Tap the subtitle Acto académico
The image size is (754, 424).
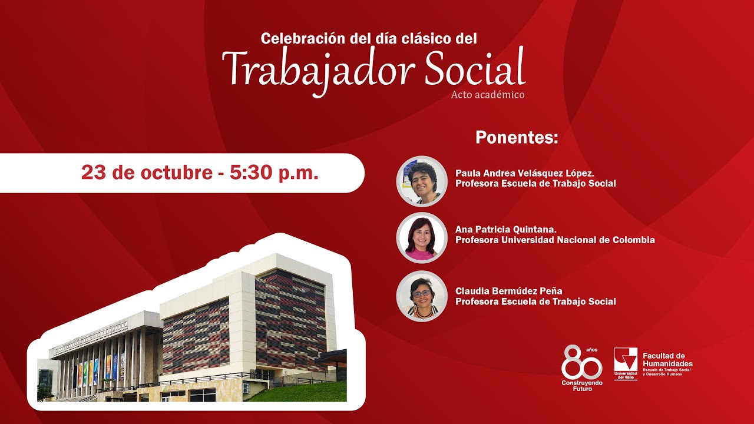point(487,95)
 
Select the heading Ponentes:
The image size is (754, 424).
point(516,138)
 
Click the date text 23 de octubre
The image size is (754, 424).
point(146,173)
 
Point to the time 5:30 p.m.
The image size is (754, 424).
point(275,173)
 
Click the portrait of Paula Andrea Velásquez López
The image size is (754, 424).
point(422,181)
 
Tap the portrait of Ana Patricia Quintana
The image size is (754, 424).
point(422,238)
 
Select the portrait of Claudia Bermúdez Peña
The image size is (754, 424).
point(422,296)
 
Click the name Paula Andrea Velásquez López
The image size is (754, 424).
point(524,173)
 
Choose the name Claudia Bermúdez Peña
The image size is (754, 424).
point(508,291)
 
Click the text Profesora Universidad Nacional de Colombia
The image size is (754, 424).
point(555,240)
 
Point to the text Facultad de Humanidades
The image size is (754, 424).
point(667,360)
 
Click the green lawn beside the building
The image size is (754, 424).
point(306,392)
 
